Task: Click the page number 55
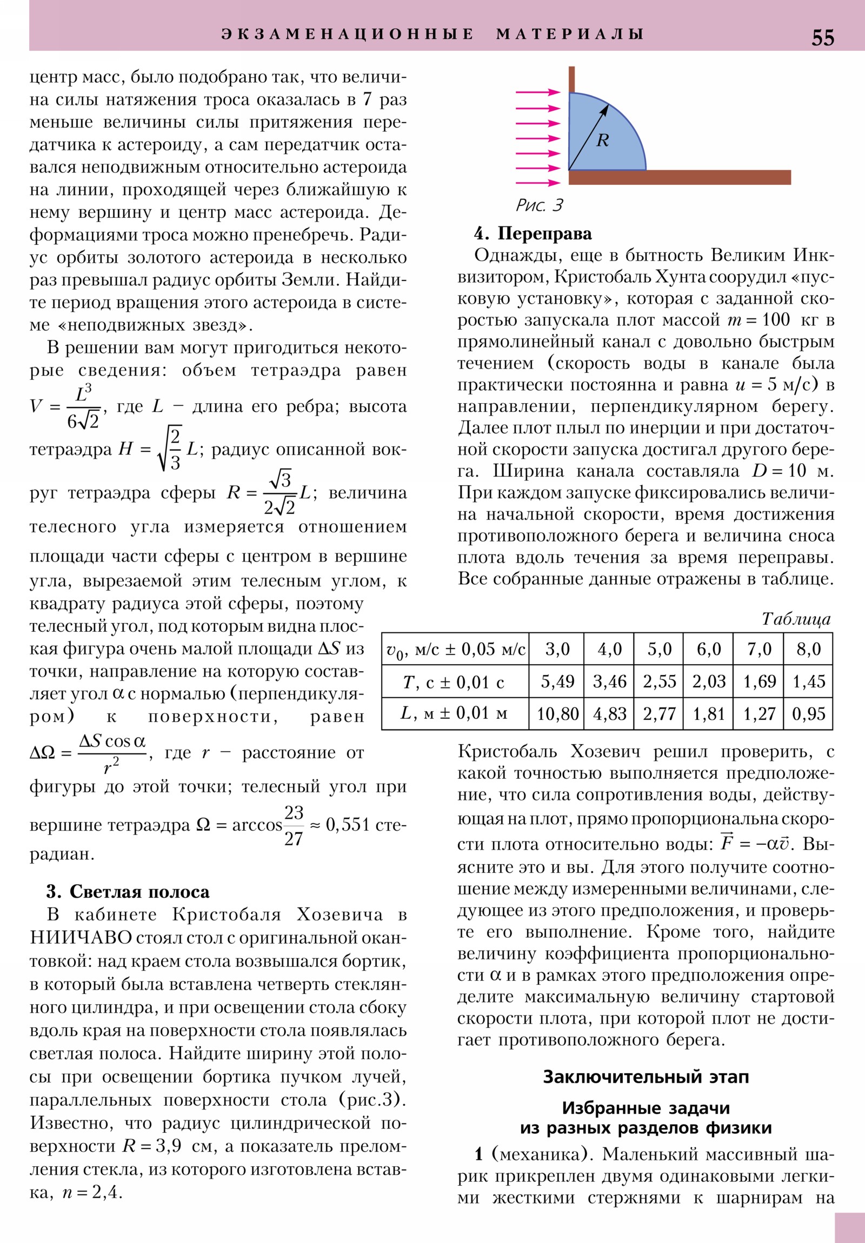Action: pos(822,38)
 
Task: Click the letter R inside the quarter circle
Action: pos(602,141)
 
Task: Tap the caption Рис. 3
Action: pos(539,205)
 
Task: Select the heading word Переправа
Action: pos(544,234)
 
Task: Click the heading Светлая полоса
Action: pos(139,892)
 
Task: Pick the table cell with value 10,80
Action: pos(557,713)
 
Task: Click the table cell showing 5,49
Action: pos(557,681)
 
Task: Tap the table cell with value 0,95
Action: pos(808,713)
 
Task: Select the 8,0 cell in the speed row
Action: pos(808,649)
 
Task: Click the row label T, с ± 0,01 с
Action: pos(454,682)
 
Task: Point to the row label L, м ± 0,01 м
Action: pos(454,713)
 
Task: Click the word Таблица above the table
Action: pos(796,619)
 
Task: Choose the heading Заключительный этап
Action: pos(646,1077)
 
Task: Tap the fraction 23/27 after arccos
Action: pos(294,826)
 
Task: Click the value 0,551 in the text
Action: pos(347,825)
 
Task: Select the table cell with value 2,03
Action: pos(708,681)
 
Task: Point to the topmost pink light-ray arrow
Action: pos(538,92)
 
